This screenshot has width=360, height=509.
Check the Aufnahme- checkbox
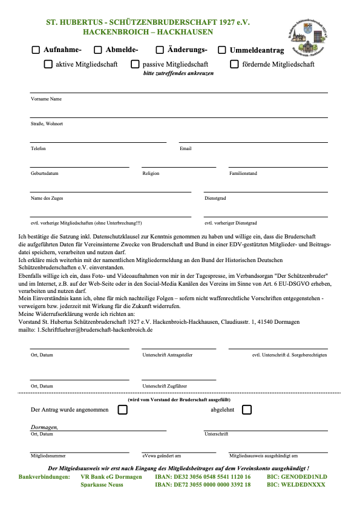tap(36, 50)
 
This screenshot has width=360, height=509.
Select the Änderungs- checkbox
tap(160, 50)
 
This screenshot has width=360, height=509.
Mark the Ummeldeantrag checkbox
tap(222, 50)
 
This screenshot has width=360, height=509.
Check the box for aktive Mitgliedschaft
tap(48, 64)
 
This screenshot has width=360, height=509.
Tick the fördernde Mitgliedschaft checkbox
tap(234, 64)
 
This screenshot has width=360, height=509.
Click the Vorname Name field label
tap(46, 99)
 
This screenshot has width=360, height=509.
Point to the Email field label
tap(186, 148)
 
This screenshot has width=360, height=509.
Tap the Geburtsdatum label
tap(44, 173)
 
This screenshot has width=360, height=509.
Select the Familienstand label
tap(243, 173)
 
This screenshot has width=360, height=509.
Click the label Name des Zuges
tap(47, 198)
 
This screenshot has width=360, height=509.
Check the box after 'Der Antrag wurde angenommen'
tap(123, 410)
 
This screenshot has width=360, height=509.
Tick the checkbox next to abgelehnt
tap(246, 410)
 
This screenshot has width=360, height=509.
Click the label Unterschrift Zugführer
tap(165, 386)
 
